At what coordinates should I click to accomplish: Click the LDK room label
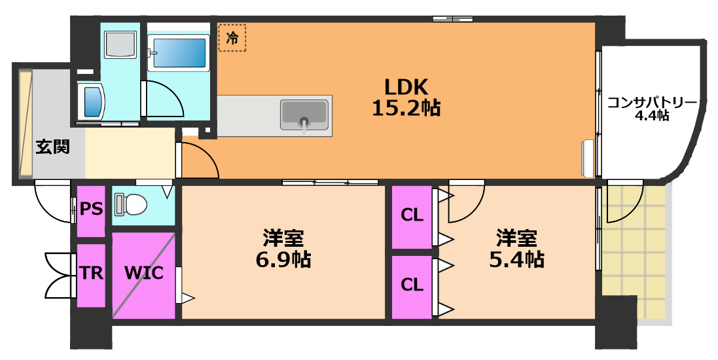[405, 86]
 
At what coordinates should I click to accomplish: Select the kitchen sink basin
[304, 115]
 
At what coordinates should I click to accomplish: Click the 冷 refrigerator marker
[232, 38]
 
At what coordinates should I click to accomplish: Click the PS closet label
[91, 209]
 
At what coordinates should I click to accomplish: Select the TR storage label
[91, 273]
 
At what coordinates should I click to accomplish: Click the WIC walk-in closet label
[143, 272]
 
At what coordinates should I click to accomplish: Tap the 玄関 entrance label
[52, 147]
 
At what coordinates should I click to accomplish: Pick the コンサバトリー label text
[652, 103]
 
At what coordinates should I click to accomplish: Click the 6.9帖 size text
[283, 260]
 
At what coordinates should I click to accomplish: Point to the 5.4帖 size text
[516, 260]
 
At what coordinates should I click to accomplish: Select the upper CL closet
[412, 215]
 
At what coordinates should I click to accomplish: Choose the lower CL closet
[412, 285]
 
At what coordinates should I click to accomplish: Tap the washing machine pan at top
[120, 45]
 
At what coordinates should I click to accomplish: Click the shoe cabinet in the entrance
[25, 124]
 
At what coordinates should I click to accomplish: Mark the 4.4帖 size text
[652, 116]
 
